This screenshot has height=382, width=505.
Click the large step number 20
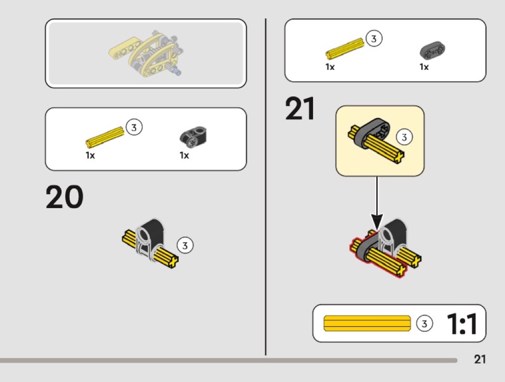tap(64, 198)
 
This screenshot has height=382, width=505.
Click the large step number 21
tap(300, 109)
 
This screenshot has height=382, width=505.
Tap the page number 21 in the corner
tap(480, 359)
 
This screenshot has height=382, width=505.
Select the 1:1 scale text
tap(462, 324)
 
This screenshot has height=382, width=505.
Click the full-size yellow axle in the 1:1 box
tap(367, 323)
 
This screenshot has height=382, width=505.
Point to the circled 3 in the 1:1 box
tap(424, 324)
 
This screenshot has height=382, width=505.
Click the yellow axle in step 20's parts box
tap(104, 136)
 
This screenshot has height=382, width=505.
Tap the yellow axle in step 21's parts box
tap(344, 48)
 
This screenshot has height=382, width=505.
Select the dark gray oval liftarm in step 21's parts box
tap(432, 50)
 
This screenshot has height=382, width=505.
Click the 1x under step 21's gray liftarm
tap(424, 67)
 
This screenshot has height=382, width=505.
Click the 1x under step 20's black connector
tap(184, 155)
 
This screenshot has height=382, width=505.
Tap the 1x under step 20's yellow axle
tap(90, 155)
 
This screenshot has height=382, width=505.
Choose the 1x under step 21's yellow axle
tap(329, 67)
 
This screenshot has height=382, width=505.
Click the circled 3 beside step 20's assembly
tap(185, 245)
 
